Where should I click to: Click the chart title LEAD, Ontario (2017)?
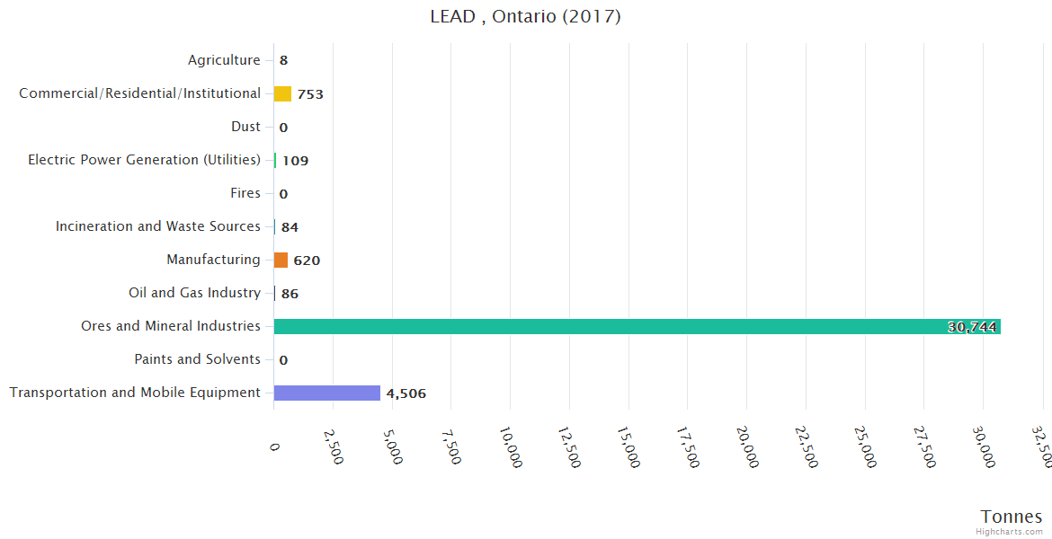(525, 17)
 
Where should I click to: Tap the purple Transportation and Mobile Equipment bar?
(327, 393)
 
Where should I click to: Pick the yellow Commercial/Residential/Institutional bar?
(282, 93)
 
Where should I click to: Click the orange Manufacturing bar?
(281, 260)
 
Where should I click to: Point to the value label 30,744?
(972, 327)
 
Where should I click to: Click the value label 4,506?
(406, 393)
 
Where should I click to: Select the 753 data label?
(310, 94)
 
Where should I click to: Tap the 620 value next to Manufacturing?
(307, 261)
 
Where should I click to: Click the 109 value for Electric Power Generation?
(295, 161)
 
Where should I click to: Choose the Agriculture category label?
(224, 60)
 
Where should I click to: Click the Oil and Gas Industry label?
(194, 293)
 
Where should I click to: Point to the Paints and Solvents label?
(197, 359)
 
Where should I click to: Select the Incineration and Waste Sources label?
(158, 226)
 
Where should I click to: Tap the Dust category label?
(245, 127)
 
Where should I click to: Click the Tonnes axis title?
(1011, 517)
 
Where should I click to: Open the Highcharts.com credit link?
(1009, 532)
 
